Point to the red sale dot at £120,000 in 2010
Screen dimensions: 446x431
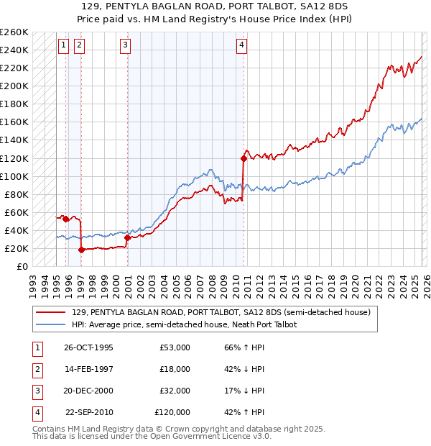[x=244, y=158]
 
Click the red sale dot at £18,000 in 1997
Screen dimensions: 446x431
[x=81, y=250]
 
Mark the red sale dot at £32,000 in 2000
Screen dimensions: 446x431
[x=127, y=237]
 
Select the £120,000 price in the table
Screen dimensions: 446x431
[x=172, y=412]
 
